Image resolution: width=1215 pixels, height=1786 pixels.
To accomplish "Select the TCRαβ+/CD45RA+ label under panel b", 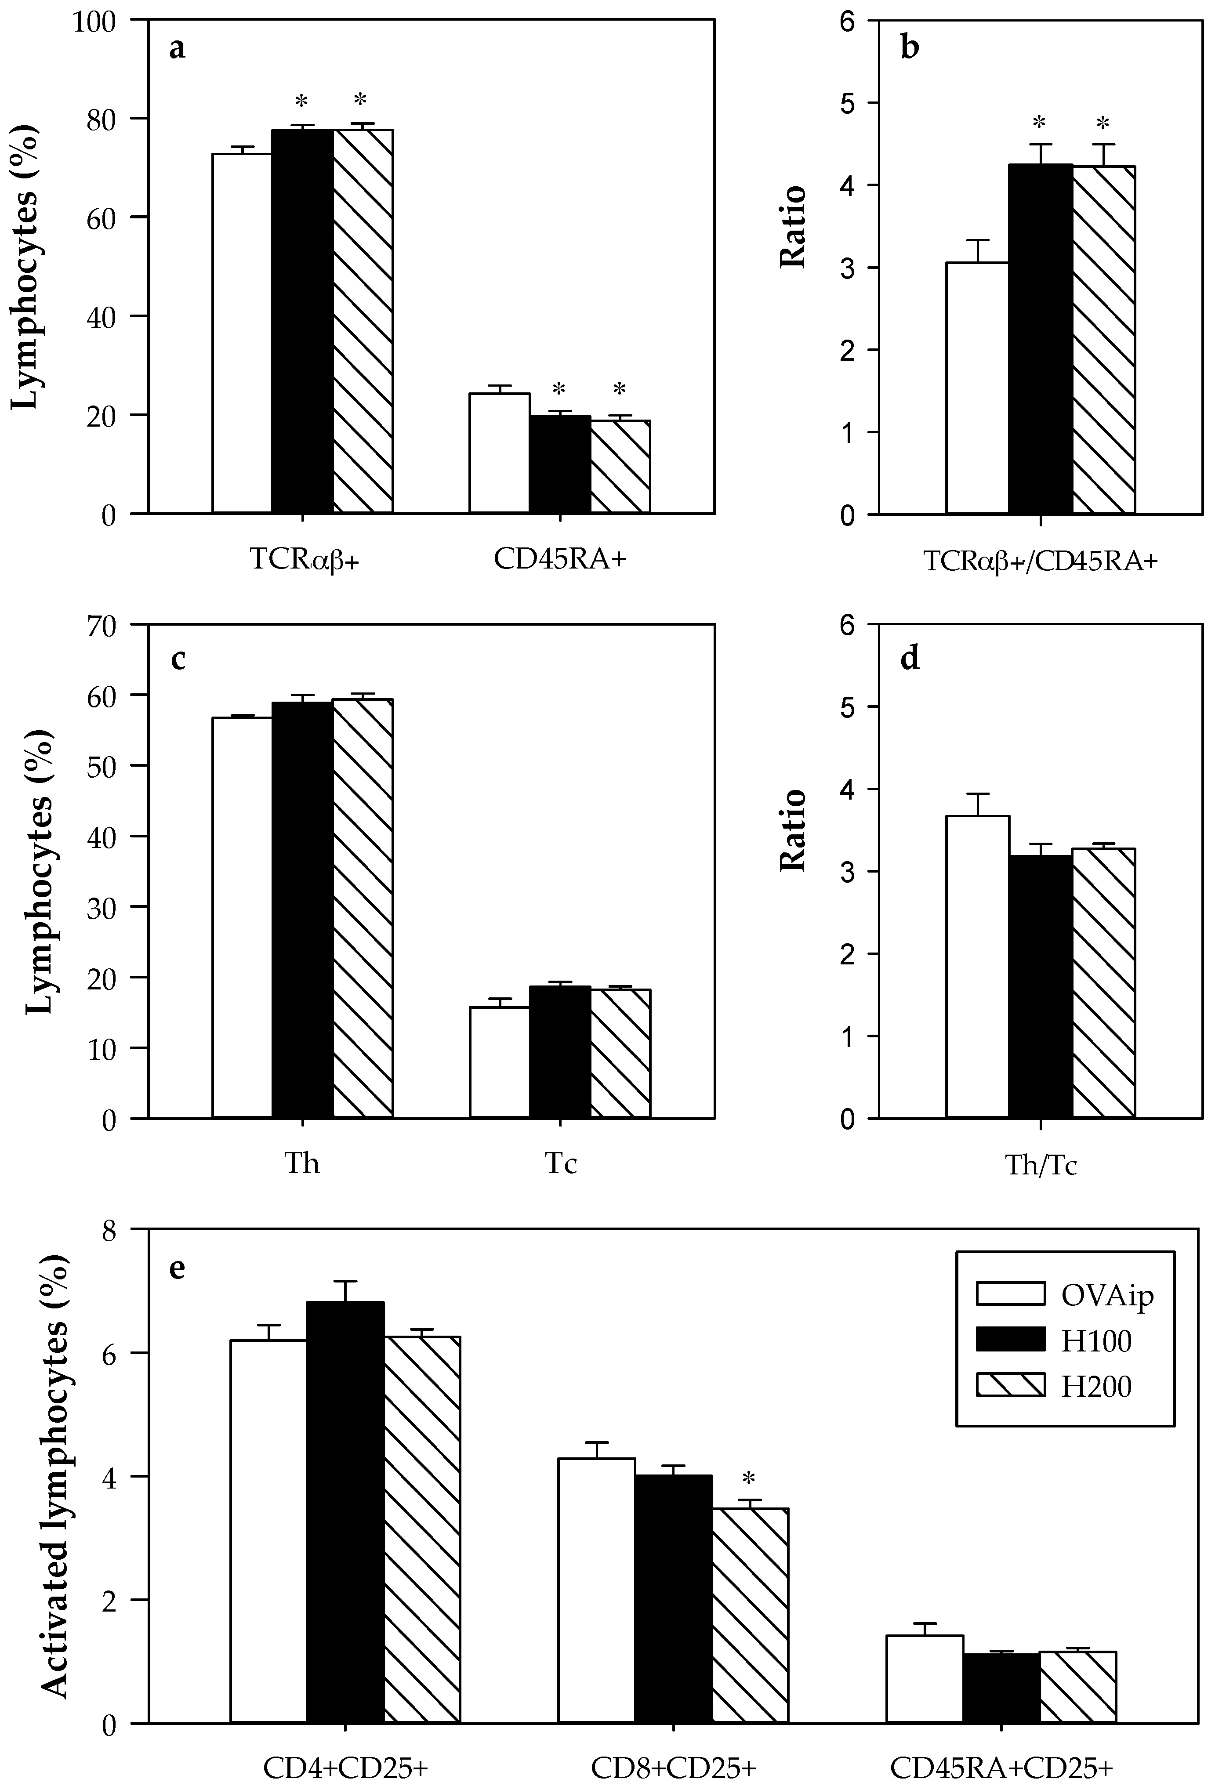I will pos(1040,562).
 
